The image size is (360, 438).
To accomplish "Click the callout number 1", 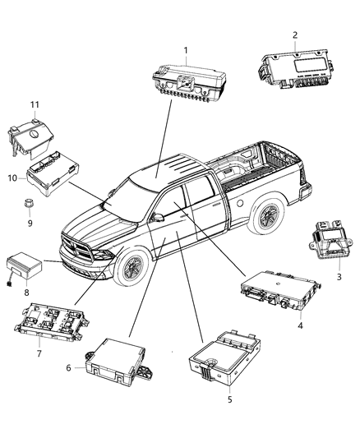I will click(x=186, y=50).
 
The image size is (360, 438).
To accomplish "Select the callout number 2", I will click(x=293, y=34).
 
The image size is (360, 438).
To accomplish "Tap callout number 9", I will click(x=30, y=222).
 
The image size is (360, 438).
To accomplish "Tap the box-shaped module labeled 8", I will click(x=27, y=265).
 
